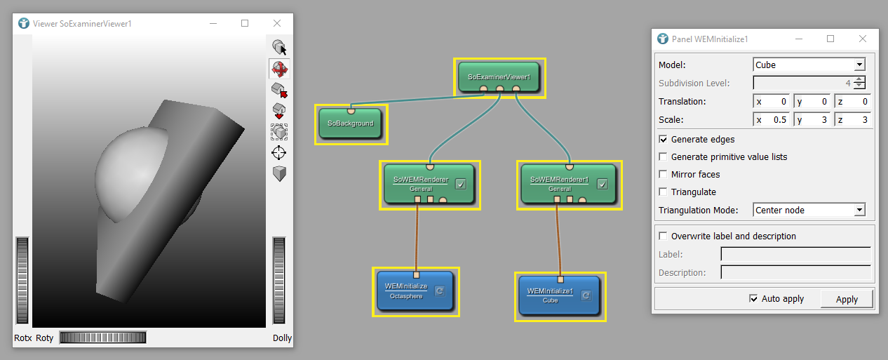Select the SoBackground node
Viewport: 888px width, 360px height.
(x=350, y=124)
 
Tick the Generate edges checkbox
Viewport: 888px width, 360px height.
(x=664, y=140)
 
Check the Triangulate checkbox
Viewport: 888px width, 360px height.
(x=664, y=192)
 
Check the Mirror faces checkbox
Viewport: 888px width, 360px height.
(x=664, y=174)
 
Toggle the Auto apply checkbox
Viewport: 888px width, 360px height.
(x=754, y=298)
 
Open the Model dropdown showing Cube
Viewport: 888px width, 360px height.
(x=809, y=65)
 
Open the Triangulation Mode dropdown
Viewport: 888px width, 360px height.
(x=809, y=210)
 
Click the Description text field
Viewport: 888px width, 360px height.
(x=795, y=272)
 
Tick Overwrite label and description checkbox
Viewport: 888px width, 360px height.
(x=664, y=236)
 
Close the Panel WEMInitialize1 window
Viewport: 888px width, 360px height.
(x=863, y=39)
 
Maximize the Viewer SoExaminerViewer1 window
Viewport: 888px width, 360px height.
(x=245, y=23)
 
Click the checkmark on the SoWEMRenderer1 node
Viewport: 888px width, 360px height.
(x=602, y=185)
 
